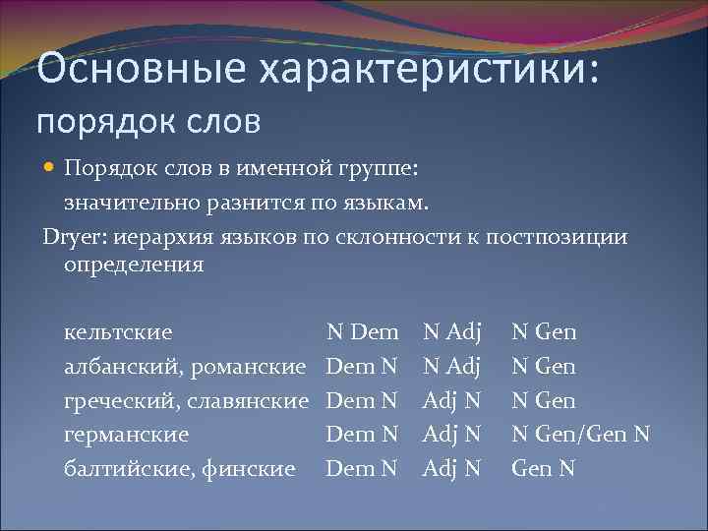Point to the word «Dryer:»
tap(75, 237)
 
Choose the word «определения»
tap(134, 265)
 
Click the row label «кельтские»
tap(118, 332)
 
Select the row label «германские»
tap(126, 434)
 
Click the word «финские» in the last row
tap(250, 468)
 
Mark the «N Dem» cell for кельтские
tap(362, 332)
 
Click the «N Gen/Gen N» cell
tap(580, 434)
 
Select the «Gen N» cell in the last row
tap(543, 468)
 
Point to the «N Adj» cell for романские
tap(450, 367)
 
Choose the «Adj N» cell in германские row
tap(450, 434)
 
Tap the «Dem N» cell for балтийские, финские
tap(362, 468)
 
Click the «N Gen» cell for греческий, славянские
tap(543, 400)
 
